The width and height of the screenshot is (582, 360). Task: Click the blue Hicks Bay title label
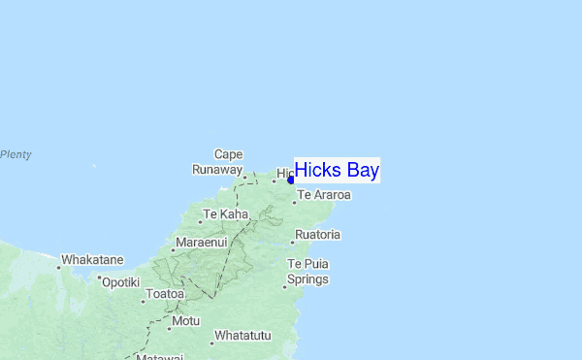click(337, 171)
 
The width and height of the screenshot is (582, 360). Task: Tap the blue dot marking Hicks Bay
click(291, 180)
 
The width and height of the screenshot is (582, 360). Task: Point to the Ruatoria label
click(318, 235)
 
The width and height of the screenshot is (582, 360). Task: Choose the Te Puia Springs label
click(308, 272)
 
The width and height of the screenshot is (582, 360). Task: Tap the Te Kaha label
click(225, 213)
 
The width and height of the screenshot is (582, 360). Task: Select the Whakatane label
click(92, 260)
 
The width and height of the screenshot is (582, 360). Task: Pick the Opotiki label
click(121, 281)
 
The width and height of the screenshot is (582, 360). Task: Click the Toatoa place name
click(164, 293)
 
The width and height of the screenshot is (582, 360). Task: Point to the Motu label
click(185, 320)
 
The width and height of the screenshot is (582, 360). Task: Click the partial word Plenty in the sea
click(16, 154)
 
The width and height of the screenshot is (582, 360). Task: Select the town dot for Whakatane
click(58, 267)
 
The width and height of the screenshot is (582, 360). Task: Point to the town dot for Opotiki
click(99, 277)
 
